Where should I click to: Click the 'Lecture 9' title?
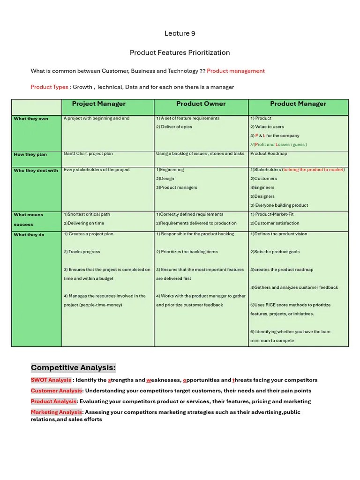(x=180, y=33)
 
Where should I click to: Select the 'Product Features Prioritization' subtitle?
(x=180, y=52)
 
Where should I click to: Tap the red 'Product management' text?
(x=235, y=71)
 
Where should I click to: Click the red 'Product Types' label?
(x=49, y=87)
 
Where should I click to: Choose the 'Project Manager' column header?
(x=98, y=104)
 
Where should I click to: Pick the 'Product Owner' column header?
(x=201, y=104)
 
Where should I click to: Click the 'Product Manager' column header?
(x=298, y=104)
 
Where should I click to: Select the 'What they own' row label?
(x=31, y=119)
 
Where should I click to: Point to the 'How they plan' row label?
(x=30, y=154)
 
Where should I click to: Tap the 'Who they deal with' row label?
(x=36, y=170)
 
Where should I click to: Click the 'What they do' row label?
(x=29, y=234)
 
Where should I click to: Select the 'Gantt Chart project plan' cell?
(x=88, y=153)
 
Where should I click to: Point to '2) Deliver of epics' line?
(x=174, y=127)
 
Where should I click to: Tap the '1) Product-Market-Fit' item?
(x=272, y=214)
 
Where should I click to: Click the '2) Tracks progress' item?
(x=82, y=252)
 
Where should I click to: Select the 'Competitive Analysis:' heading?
(x=73, y=367)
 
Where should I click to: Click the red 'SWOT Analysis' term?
(x=51, y=380)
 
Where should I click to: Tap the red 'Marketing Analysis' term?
(x=57, y=412)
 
